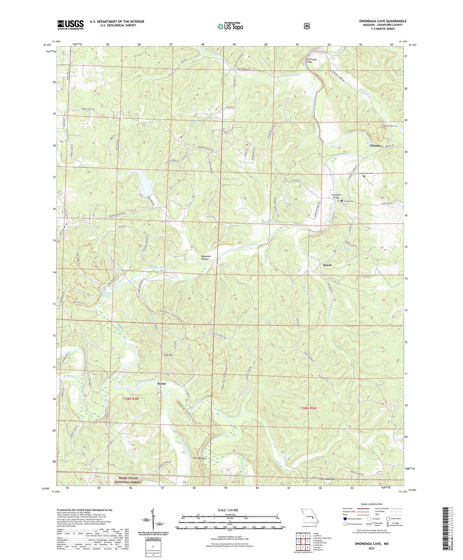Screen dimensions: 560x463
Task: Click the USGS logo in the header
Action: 70,25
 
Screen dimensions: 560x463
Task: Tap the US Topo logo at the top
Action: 230,26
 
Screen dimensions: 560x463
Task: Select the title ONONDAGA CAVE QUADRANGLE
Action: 383,21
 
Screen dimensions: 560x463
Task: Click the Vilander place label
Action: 375,146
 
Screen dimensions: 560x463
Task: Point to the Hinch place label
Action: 327,265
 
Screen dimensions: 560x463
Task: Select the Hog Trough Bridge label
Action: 311,60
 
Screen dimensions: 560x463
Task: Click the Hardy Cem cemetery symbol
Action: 342,201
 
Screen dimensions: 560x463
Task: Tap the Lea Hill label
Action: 169,355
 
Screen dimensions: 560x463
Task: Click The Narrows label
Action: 199,458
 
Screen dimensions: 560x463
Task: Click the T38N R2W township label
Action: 309,408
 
